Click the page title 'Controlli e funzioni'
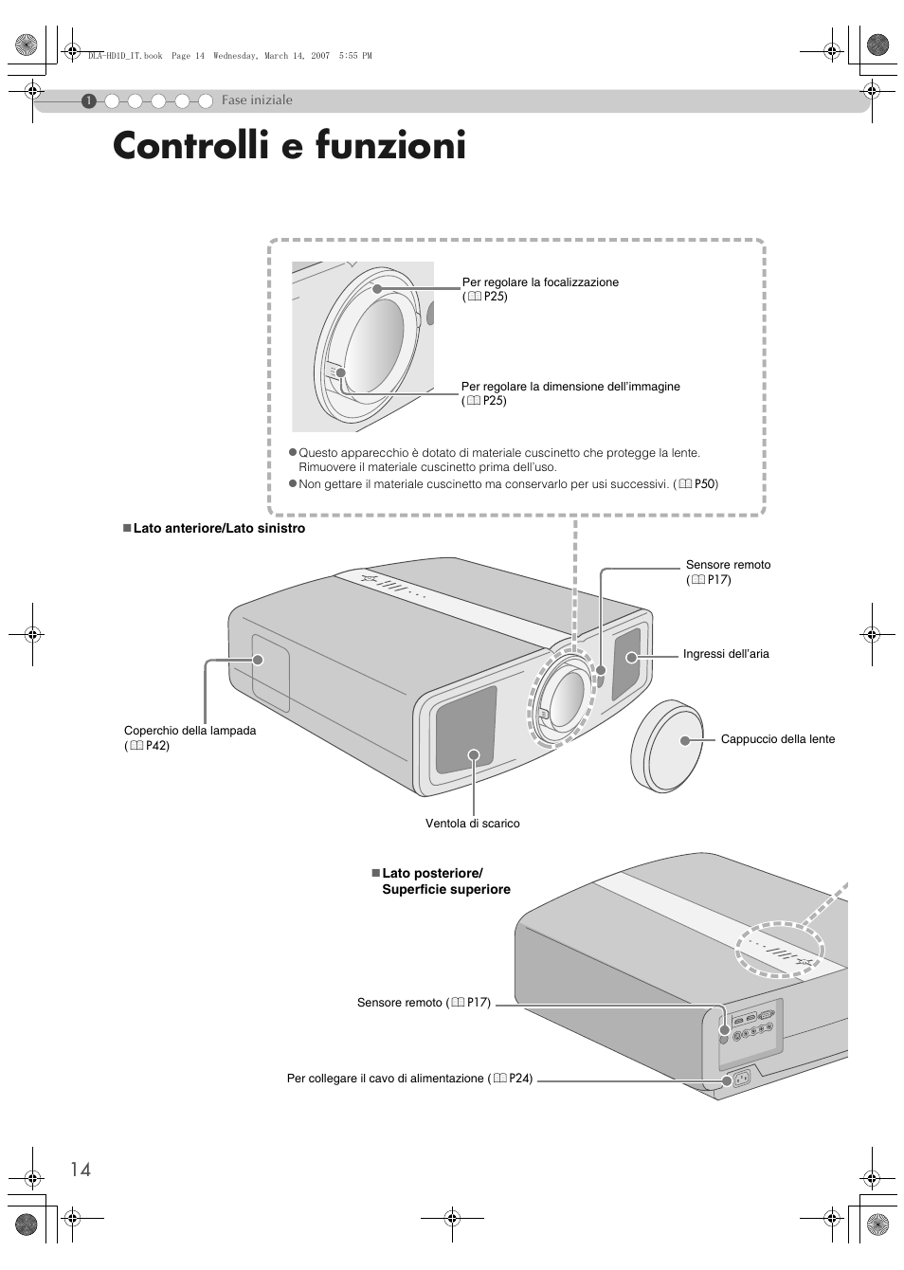point(289,147)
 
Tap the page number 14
point(80,1170)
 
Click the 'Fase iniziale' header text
point(257,100)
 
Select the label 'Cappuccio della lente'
point(777,739)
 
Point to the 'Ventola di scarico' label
point(472,824)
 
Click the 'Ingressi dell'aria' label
point(726,654)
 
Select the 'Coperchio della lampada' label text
point(190,731)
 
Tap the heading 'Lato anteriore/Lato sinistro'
point(218,529)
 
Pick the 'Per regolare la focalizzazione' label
point(540,282)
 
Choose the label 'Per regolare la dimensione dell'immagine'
point(570,387)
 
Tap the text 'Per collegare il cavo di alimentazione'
point(388,1079)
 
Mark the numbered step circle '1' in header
point(87,100)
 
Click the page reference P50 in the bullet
point(704,484)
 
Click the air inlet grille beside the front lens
point(626,663)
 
